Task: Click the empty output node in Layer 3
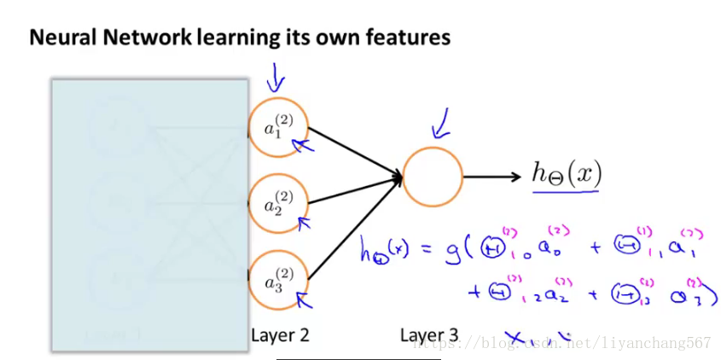click(x=433, y=177)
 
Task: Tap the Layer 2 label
click(x=280, y=335)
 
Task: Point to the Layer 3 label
click(x=429, y=335)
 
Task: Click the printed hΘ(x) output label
click(x=567, y=175)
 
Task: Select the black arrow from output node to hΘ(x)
click(x=491, y=177)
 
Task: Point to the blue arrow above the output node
click(x=442, y=128)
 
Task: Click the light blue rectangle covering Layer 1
click(x=149, y=213)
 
